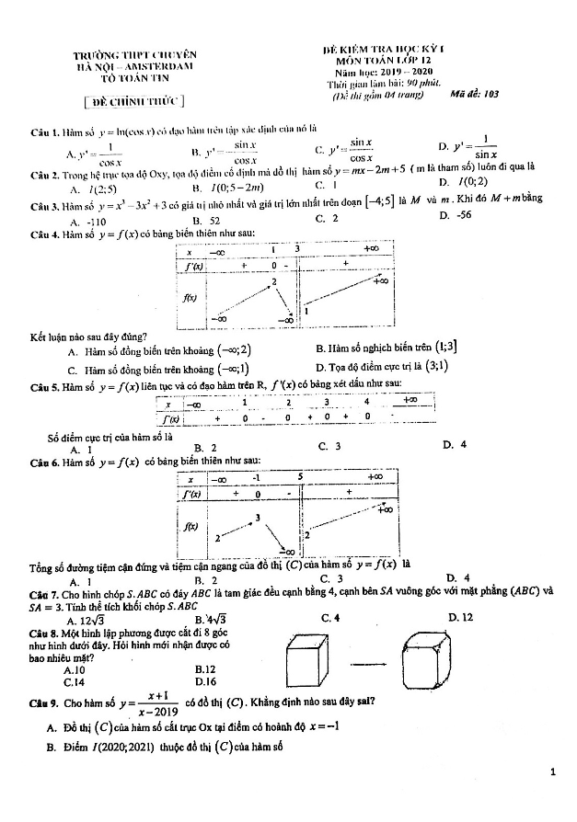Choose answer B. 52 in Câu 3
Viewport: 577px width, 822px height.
205,221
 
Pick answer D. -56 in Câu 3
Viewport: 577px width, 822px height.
456,214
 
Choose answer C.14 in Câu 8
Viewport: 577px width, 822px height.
75,682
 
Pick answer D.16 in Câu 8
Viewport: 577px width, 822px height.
206,682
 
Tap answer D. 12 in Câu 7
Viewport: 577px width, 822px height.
461,617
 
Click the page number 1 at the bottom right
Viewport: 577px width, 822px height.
552,773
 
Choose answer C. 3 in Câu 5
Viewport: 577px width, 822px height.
329,446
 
